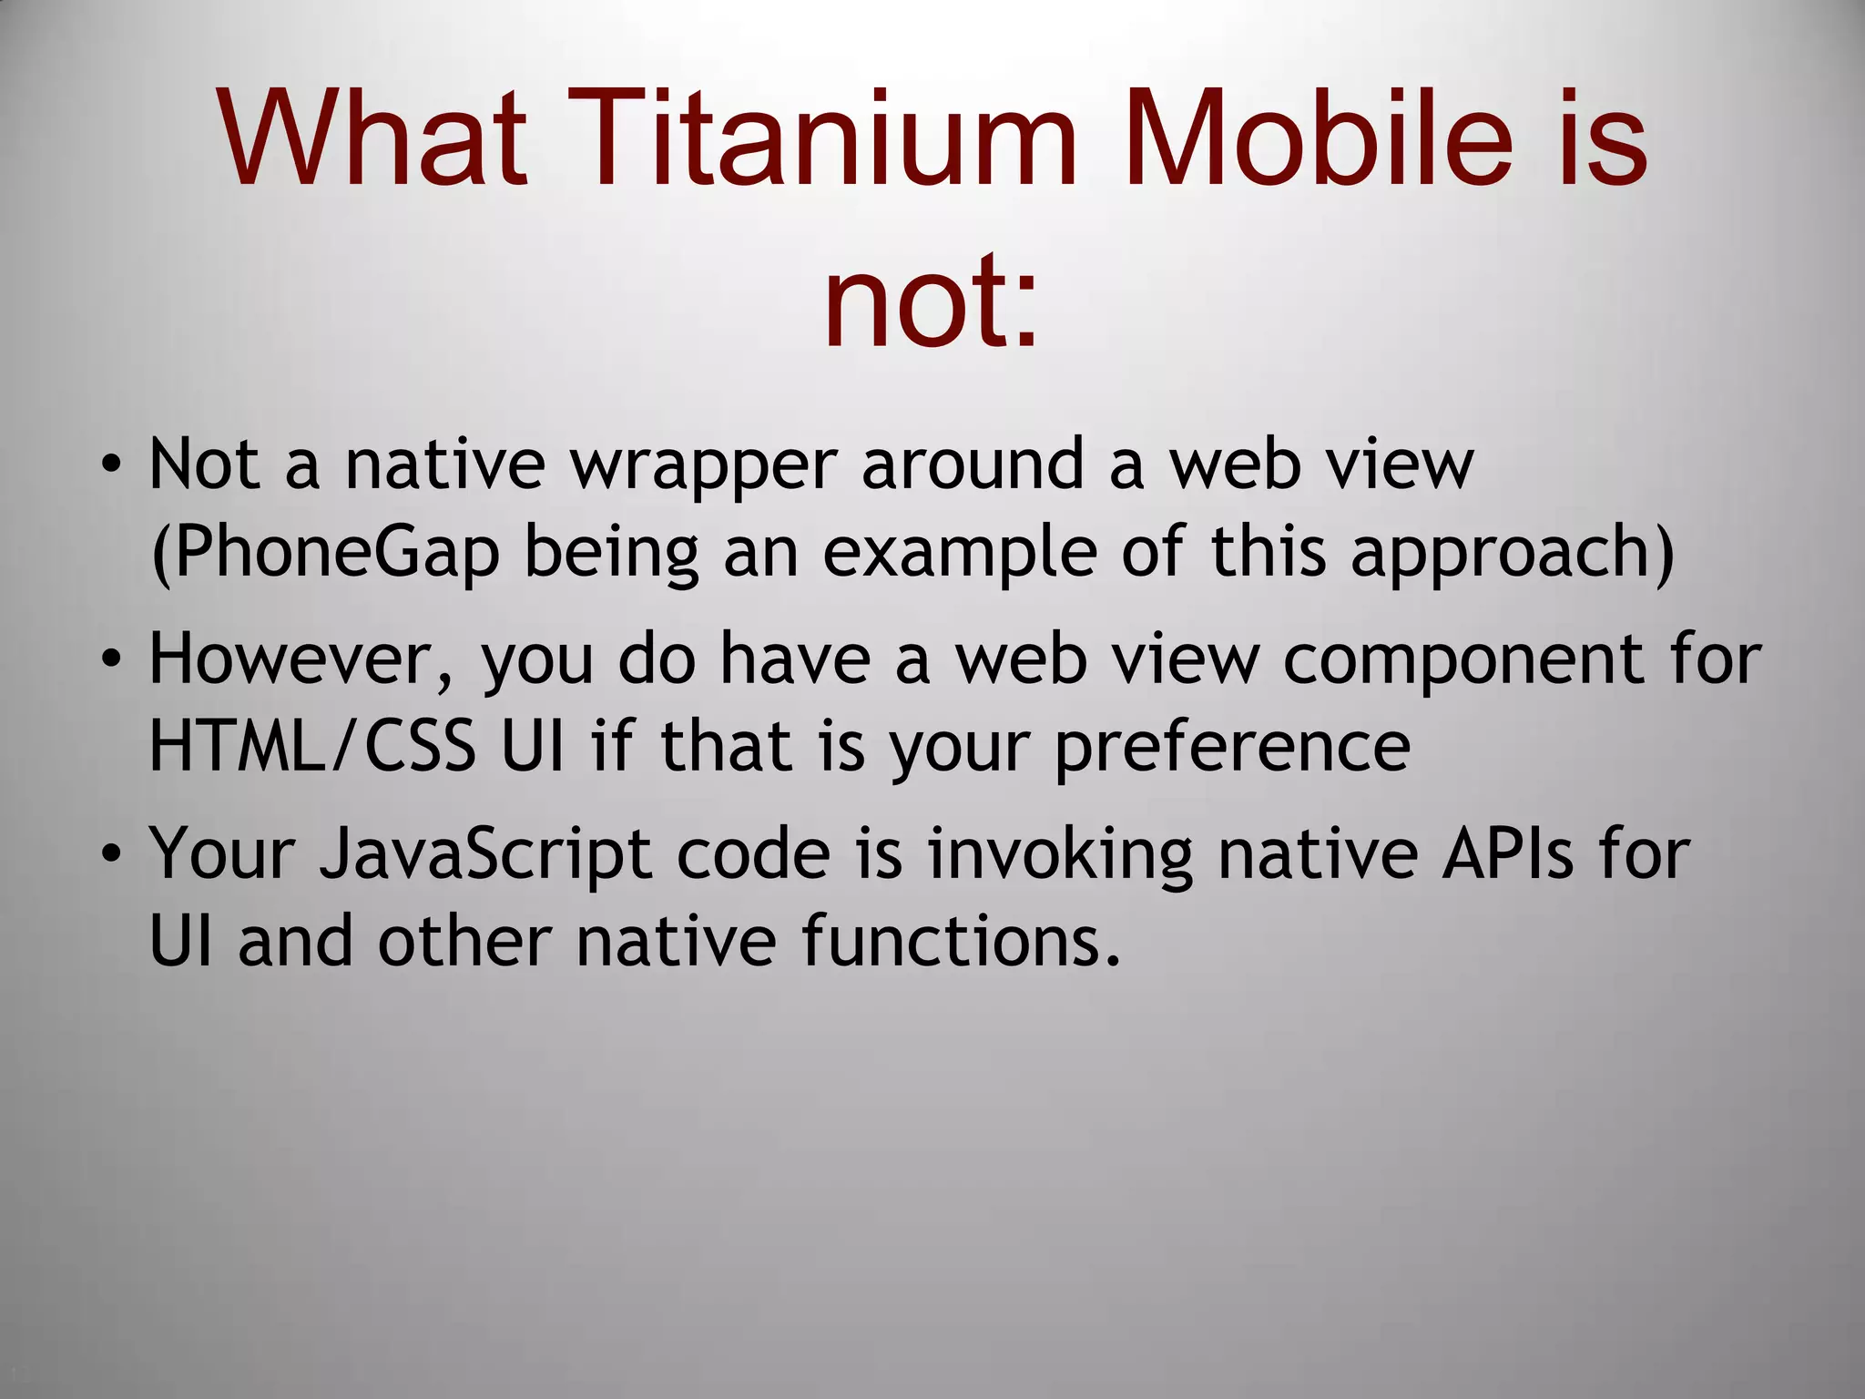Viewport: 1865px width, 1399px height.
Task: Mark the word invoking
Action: click(x=1060, y=855)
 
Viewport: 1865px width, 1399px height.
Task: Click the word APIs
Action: click(x=1507, y=853)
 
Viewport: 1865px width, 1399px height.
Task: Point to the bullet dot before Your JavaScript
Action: click(x=110, y=855)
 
